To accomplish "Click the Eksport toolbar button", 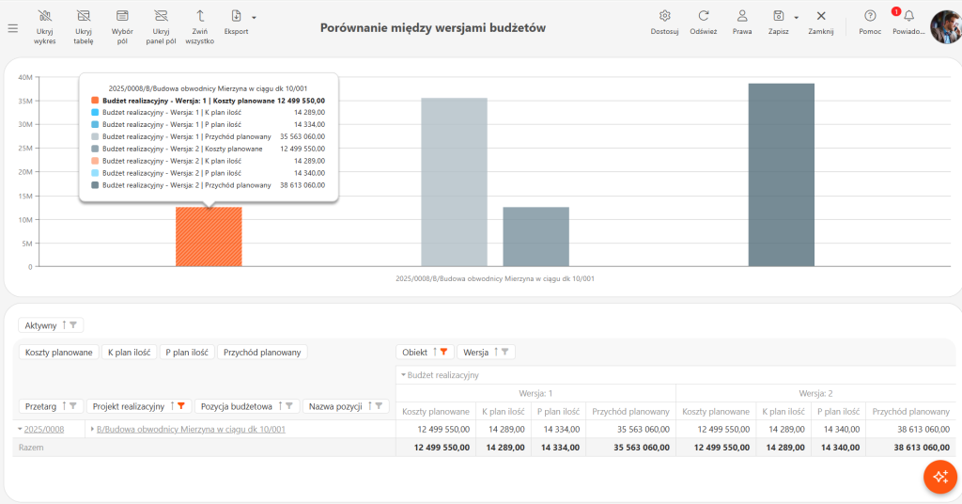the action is click(236, 23).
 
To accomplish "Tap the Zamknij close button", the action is click(821, 23).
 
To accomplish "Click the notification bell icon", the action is click(908, 17).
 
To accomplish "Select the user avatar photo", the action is click(947, 27).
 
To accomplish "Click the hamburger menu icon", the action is click(13, 28).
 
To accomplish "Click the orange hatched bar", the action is click(209, 237).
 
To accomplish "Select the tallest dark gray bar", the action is click(781, 175).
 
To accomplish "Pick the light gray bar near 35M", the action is click(454, 182).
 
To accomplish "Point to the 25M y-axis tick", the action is click(25, 149).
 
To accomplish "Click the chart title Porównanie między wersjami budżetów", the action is click(432, 27).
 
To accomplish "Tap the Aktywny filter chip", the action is click(51, 325).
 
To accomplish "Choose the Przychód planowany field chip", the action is click(262, 353).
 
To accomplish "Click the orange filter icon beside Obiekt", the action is click(443, 352).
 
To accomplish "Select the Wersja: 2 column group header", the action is click(815, 393).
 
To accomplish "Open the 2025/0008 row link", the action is click(43, 429).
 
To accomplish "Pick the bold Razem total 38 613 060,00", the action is click(922, 448).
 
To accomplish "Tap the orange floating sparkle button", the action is click(940, 477).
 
